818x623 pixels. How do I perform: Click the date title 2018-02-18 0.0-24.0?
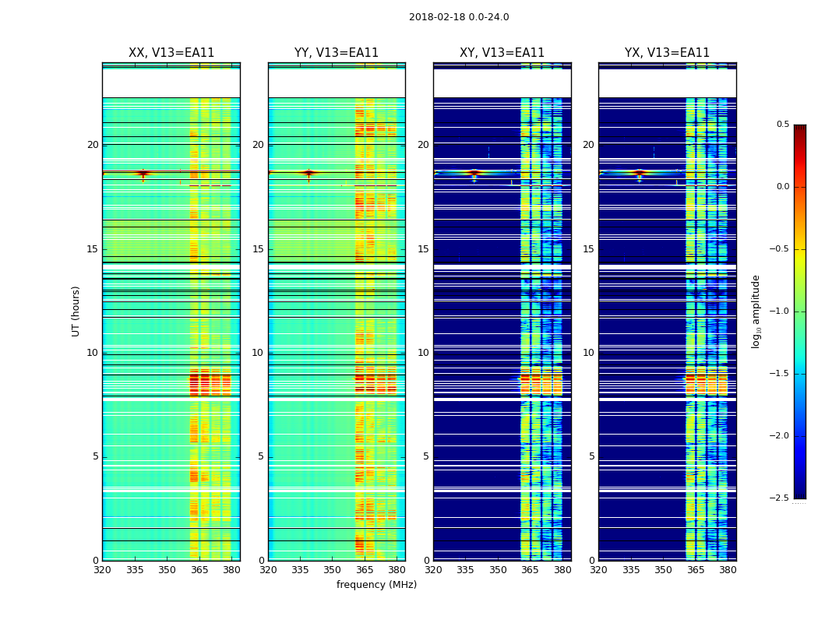click(459, 17)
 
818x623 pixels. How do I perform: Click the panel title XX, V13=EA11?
click(171, 53)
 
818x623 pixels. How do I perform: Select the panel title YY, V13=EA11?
click(337, 53)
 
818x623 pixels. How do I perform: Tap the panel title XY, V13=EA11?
click(502, 53)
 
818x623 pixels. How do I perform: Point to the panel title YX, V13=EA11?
click(667, 53)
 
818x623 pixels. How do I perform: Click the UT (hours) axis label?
click(76, 311)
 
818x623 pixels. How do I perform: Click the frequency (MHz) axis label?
click(376, 585)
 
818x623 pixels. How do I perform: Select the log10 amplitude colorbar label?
click(756, 311)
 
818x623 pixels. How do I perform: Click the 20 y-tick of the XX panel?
click(93, 145)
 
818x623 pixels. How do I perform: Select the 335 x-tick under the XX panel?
click(135, 569)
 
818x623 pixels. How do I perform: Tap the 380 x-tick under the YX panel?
click(728, 569)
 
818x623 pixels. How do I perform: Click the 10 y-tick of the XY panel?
click(424, 353)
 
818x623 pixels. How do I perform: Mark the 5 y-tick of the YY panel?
click(260, 456)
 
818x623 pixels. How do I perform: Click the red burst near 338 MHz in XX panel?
click(143, 173)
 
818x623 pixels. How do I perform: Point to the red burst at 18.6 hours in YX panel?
click(639, 173)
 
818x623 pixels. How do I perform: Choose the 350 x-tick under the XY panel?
click(498, 569)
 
